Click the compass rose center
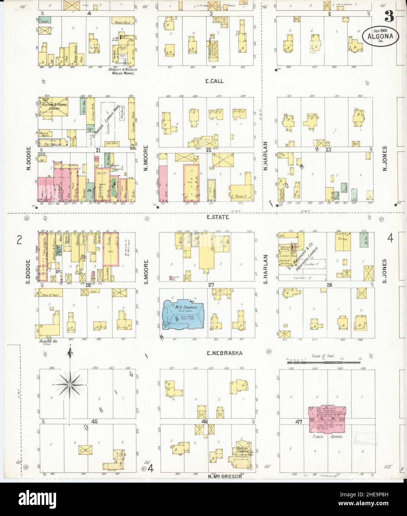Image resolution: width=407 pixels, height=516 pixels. click(69, 386)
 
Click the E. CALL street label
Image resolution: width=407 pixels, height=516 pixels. click(214, 81)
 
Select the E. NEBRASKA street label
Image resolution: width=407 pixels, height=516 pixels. click(225, 353)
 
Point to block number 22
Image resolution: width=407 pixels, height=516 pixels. click(208, 150)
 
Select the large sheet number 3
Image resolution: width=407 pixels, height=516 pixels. click(388, 16)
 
